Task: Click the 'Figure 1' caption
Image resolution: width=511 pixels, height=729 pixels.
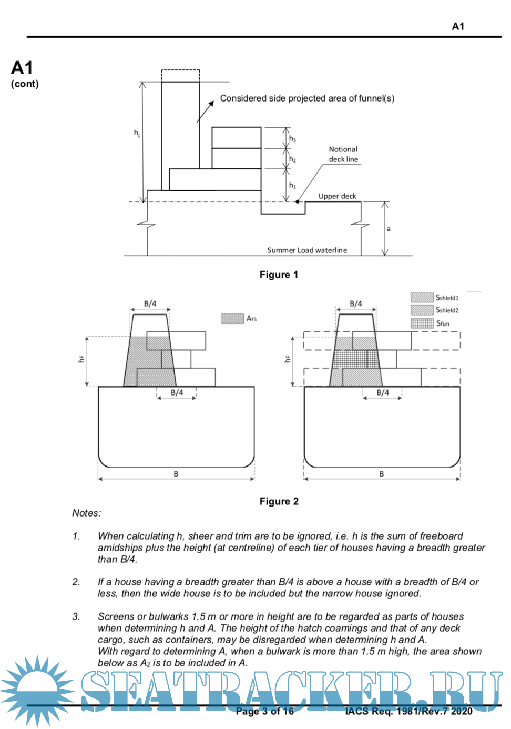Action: (279, 275)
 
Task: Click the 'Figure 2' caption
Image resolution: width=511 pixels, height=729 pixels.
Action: (279, 501)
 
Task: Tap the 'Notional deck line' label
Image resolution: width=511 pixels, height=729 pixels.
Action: (343, 154)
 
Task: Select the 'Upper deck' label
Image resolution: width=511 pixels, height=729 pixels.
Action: (337, 196)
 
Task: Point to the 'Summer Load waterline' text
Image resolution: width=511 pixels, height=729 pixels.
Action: (307, 250)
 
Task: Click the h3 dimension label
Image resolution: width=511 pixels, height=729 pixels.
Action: (292, 139)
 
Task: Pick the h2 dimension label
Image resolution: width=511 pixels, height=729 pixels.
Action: (292, 159)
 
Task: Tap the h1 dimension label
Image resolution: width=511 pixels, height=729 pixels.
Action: (292, 185)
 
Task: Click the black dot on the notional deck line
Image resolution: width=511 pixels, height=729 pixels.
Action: (298, 201)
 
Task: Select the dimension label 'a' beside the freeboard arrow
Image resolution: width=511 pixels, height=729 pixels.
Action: (389, 229)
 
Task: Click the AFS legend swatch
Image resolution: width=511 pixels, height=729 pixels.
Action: (232, 318)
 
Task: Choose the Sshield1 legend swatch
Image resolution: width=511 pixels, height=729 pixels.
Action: (422, 298)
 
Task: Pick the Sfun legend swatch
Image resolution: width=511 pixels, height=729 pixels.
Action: (422, 323)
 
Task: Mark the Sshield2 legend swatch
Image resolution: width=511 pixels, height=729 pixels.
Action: (422, 310)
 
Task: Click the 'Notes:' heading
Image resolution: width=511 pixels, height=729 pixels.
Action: (87, 513)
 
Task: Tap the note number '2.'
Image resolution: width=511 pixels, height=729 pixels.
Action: (76, 582)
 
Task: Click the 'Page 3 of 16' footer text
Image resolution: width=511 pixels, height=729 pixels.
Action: (265, 712)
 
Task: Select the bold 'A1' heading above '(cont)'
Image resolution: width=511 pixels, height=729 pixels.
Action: (22, 68)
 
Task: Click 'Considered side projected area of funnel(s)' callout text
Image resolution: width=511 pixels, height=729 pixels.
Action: (307, 98)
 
